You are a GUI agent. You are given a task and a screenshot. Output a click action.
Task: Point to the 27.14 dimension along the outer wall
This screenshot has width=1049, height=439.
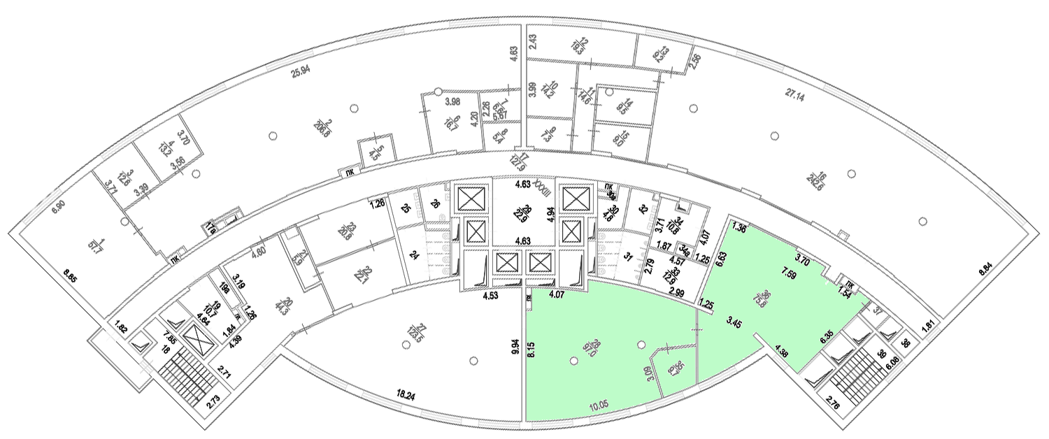795,98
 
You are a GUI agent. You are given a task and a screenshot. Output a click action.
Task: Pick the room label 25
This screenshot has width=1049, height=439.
406,208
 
